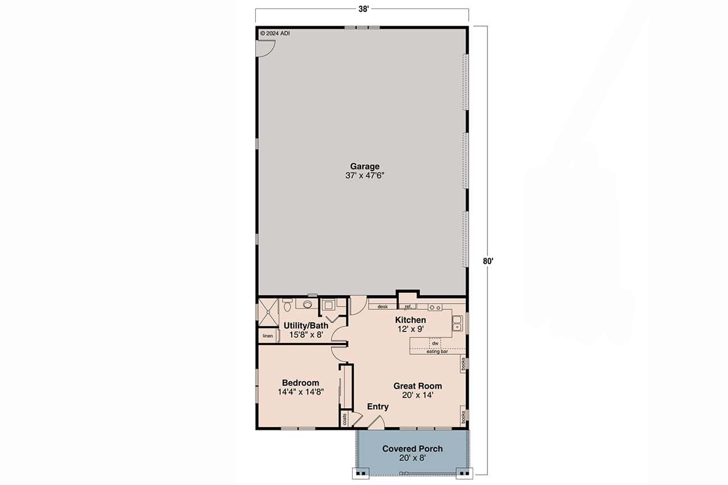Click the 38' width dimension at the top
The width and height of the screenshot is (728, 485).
[x=362, y=9]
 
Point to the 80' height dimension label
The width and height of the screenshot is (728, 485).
[x=488, y=262]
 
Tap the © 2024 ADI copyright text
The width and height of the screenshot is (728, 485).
[x=275, y=33]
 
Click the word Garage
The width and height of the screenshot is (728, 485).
[x=365, y=166]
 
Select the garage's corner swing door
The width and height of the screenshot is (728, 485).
[x=265, y=49]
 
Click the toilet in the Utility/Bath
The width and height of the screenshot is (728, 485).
[x=287, y=305]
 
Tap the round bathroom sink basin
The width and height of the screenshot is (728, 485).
[x=308, y=304]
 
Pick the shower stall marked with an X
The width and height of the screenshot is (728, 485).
[x=267, y=312]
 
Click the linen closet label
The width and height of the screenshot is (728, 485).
[x=267, y=336]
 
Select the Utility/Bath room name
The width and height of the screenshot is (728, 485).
[x=305, y=326]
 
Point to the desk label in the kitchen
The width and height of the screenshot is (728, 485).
[x=382, y=307]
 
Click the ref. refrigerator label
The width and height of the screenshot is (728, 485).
[x=408, y=307]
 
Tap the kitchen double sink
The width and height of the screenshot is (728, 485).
[x=457, y=324]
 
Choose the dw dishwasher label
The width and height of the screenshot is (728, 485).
[x=435, y=343]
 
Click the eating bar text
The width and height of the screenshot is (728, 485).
[x=437, y=352]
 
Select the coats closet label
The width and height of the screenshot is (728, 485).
[x=345, y=420]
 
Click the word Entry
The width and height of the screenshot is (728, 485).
[x=378, y=407]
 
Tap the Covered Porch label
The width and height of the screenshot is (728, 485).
[x=412, y=449]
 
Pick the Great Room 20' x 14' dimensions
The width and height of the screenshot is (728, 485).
[x=417, y=395]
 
